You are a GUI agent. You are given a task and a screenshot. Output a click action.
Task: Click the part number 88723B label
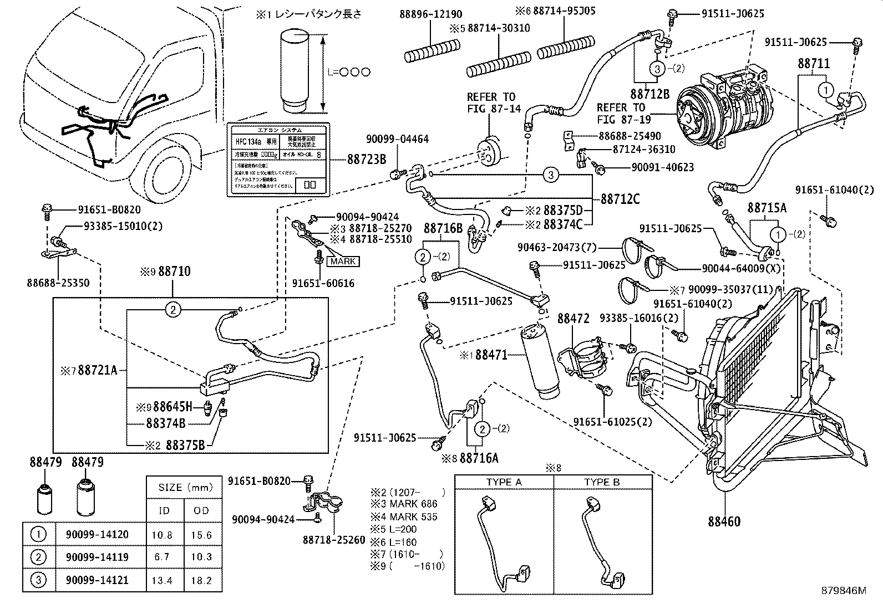(x=367, y=159)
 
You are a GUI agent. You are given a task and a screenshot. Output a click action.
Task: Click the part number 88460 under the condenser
(x=723, y=521)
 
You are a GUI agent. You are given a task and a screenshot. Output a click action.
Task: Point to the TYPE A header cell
(x=504, y=482)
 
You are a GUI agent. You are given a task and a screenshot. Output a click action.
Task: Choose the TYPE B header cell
(x=601, y=482)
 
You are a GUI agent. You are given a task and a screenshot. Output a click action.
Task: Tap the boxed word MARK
(x=344, y=262)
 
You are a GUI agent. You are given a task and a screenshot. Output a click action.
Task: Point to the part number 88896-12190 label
(x=430, y=14)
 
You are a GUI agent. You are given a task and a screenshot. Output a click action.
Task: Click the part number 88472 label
(x=573, y=319)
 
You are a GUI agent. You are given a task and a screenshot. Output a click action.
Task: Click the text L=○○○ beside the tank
(x=348, y=72)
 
